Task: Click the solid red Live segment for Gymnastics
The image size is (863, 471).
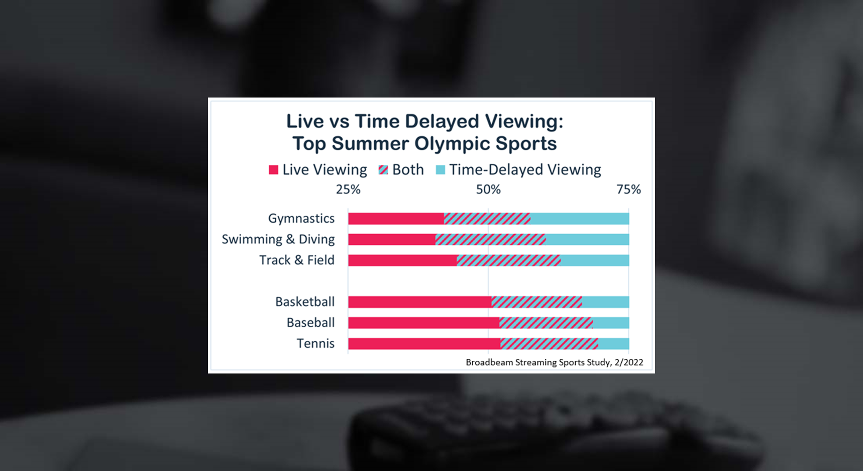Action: click(396, 219)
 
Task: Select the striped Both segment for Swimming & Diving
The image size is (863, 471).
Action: click(490, 239)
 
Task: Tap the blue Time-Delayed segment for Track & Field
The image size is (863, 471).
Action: click(595, 260)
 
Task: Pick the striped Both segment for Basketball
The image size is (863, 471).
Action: click(536, 302)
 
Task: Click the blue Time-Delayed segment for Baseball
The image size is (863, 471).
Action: click(611, 323)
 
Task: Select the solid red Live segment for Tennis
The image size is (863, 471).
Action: click(424, 344)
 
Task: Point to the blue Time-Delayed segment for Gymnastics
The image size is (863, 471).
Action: click(580, 219)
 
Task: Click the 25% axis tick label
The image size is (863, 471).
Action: click(348, 190)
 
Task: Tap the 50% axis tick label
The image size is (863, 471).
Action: click(488, 190)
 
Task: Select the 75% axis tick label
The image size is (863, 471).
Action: click(628, 190)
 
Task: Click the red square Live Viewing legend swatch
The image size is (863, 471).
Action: click(273, 170)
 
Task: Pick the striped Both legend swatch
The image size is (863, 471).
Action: click(383, 170)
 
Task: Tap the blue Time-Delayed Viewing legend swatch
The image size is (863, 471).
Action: click(441, 170)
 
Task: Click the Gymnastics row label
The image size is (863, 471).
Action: click(301, 219)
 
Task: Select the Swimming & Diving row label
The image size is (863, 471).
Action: click(278, 239)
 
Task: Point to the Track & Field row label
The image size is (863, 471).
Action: click(297, 260)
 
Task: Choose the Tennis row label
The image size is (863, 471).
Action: click(315, 344)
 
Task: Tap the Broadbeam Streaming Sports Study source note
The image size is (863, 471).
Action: click(554, 362)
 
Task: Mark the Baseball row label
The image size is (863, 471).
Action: click(310, 323)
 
